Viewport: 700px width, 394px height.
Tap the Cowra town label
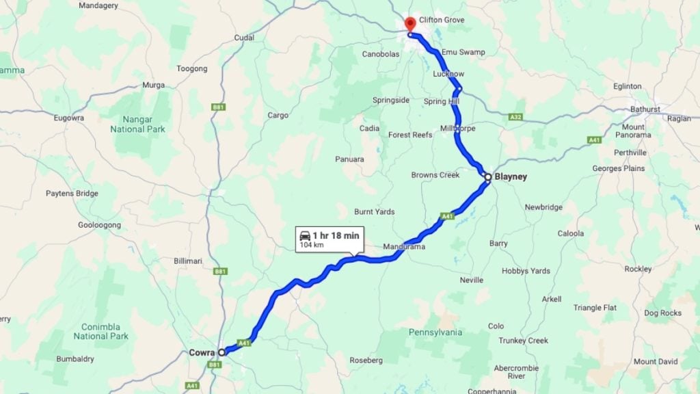click(202, 353)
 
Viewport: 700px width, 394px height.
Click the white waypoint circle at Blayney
click(488, 177)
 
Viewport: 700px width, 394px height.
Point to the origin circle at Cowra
click(221, 352)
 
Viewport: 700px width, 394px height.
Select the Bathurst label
click(646, 109)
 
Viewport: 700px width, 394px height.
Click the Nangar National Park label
click(137, 123)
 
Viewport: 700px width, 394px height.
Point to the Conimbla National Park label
click(100, 331)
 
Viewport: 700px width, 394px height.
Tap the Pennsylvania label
click(435, 332)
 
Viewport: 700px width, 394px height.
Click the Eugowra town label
click(68, 118)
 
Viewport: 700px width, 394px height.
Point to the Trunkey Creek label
click(523, 341)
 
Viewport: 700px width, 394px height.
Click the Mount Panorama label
click(633, 131)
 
